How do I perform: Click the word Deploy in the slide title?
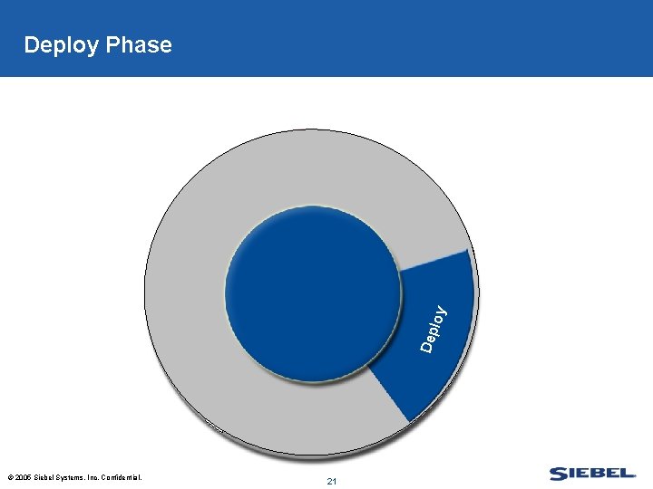pos(61,45)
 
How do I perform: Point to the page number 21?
pos(331,481)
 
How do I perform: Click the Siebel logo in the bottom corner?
pos(592,474)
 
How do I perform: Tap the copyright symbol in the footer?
pos(9,477)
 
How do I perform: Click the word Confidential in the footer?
pos(122,477)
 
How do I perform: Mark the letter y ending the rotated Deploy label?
pos(441,311)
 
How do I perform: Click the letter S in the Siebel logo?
pos(558,474)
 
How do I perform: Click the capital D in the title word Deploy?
pos(32,45)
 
